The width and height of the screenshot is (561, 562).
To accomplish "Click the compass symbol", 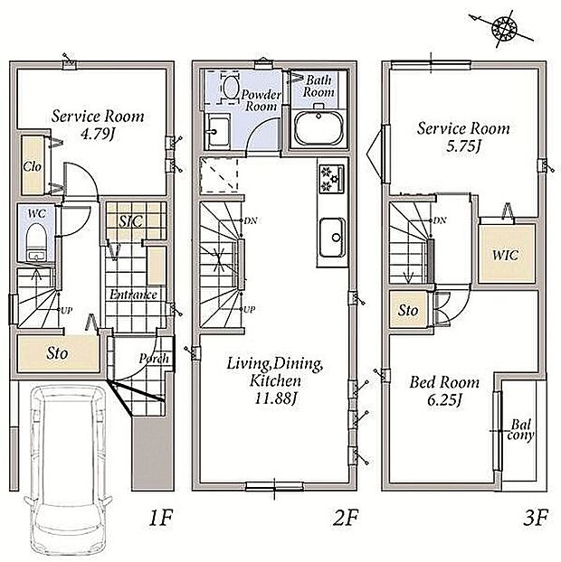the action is (x=504, y=28).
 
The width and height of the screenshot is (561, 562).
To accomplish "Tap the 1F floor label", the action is (x=161, y=518).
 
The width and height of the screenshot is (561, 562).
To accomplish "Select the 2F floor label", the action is (x=346, y=518).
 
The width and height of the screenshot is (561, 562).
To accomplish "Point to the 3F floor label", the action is (x=536, y=518).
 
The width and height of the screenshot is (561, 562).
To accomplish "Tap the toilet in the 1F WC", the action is (x=36, y=240).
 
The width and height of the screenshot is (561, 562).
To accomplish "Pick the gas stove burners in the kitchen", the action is (x=331, y=179).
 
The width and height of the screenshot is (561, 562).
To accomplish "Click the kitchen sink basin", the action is (x=332, y=238).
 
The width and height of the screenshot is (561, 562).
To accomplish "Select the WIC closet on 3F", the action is (x=506, y=254).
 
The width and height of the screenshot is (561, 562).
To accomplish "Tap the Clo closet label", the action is (x=33, y=166).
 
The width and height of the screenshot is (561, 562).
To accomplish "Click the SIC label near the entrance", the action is (x=130, y=222).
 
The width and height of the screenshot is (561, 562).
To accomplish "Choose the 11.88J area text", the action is (x=275, y=398).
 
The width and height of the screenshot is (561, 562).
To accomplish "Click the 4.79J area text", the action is (x=97, y=135).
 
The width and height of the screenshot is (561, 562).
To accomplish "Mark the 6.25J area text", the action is (x=444, y=400).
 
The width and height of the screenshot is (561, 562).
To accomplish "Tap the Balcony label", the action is (x=520, y=430).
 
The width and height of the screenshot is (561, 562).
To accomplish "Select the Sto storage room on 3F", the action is (x=408, y=310).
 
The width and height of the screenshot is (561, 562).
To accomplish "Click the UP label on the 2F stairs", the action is (x=250, y=309).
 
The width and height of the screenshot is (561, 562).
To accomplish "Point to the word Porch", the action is (x=154, y=359).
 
